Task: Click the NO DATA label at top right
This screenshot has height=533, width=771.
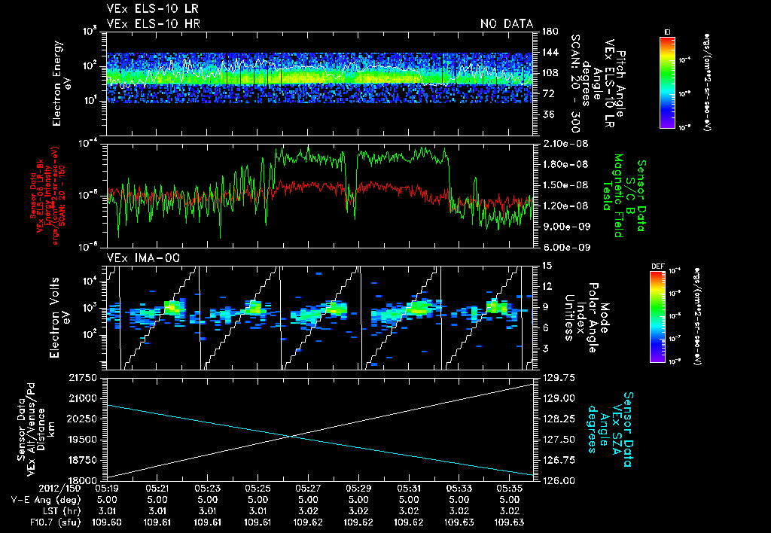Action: pos(506,24)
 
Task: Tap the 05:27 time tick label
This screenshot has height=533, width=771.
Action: pos(308,488)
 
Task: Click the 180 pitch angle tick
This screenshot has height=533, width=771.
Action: pos(547,32)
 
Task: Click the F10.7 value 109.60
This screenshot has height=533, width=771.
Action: pos(107,522)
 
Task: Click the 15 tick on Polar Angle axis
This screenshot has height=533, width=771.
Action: pos(546,265)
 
